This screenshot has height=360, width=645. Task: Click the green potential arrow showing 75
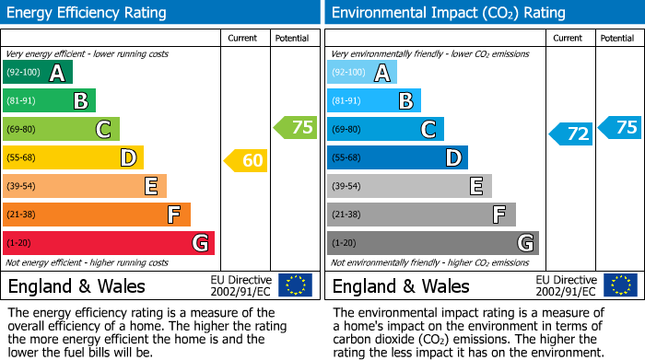(x=296, y=128)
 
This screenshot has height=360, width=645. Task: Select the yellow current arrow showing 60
(x=246, y=160)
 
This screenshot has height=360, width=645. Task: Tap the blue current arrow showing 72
(x=571, y=134)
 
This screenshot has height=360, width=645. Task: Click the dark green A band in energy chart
(x=38, y=72)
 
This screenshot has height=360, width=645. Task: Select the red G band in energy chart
(x=109, y=243)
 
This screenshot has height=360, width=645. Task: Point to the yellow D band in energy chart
(x=73, y=157)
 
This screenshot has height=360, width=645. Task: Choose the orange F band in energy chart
(x=97, y=215)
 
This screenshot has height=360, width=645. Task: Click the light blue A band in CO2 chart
(x=362, y=72)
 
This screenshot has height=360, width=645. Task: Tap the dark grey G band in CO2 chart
(x=432, y=243)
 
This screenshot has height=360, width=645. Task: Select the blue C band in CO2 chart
(x=385, y=129)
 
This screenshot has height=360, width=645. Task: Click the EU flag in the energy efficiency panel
(x=296, y=285)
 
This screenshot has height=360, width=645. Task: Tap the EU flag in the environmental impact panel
(x=620, y=285)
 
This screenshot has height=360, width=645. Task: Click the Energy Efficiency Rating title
(x=87, y=13)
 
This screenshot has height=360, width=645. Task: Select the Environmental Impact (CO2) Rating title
(x=448, y=13)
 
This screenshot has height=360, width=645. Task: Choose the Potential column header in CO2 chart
(x=617, y=38)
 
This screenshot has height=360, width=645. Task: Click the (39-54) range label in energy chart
(x=22, y=186)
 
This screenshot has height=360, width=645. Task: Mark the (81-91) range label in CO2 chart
(x=346, y=100)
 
